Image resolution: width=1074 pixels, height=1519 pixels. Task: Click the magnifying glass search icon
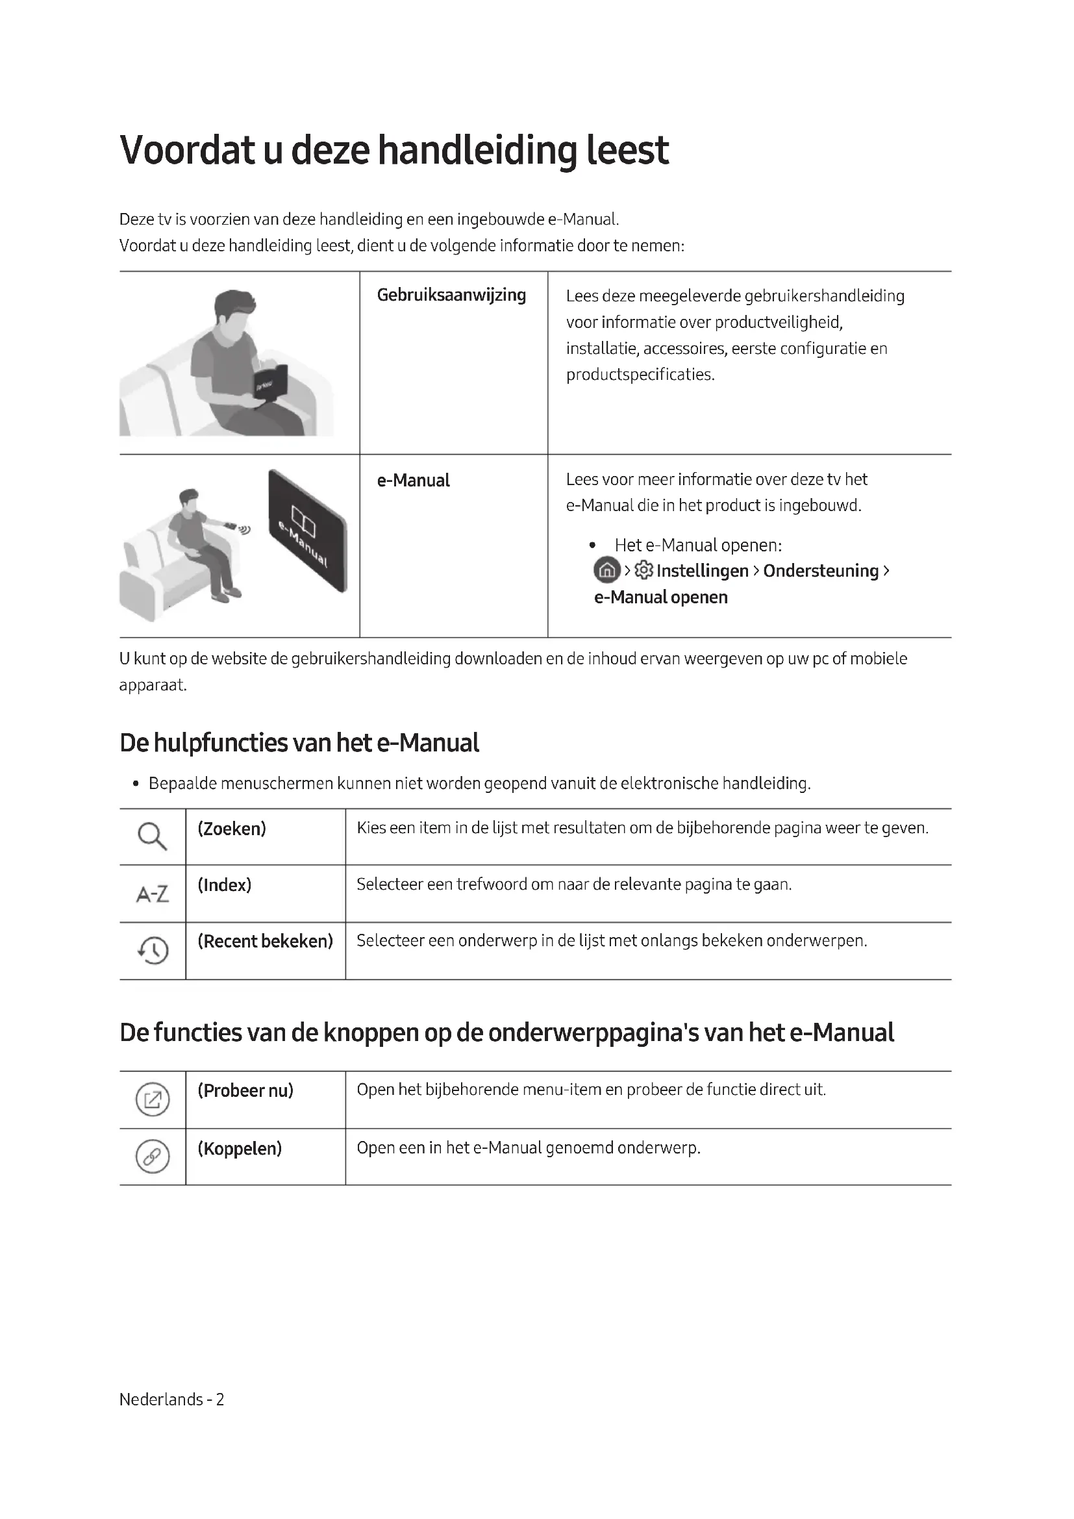(x=152, y=836)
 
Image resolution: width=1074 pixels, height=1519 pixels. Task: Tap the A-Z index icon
(x=152, y=894)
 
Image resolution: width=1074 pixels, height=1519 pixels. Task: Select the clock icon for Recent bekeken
(x=153, y=951)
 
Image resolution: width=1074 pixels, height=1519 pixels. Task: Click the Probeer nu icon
(x=153, y=1100)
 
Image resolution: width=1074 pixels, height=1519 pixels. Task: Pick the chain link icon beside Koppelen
(x=153, y=1157)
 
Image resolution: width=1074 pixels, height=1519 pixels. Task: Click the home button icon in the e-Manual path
(x=607, y=570)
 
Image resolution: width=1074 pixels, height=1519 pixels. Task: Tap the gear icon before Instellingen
(x=643, y=570)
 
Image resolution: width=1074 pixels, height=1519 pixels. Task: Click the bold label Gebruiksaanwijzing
(x=451, y=295)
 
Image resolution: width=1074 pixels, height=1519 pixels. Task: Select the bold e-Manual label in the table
(x=413, y=481)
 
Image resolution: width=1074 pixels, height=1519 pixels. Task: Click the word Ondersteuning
(x=821, y=570)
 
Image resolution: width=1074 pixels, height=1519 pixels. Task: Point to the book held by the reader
(x=271, y=383)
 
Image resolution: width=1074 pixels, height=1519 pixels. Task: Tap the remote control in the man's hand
(x=231, y=526)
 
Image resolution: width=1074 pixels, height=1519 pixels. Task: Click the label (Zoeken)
(x=231, y=828)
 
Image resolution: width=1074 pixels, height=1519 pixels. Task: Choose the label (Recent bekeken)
(x=265, y=941)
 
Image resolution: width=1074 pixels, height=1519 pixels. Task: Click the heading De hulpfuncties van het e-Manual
(x=299, y=742)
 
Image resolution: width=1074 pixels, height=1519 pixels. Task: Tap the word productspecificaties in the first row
(x=640, y=375)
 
